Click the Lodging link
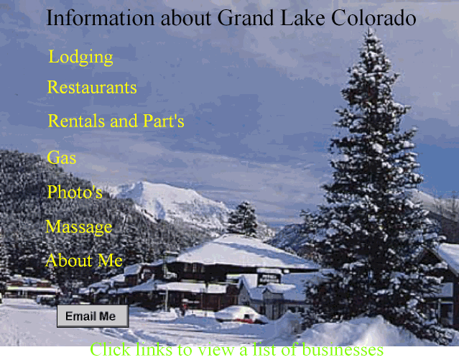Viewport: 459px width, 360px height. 80,57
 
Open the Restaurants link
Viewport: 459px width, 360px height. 92,87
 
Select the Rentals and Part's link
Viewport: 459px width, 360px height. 116,121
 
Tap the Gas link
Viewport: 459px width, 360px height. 62,157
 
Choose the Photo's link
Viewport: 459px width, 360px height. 75,192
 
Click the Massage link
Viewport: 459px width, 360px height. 79,227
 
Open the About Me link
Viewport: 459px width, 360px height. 84,260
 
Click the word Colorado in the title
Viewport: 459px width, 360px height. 374,18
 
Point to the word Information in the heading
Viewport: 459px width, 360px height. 100,18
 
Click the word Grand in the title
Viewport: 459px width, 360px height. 246,18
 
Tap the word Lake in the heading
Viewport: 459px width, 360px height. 302,18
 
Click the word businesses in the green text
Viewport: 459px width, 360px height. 343,350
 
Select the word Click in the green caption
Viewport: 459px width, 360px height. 110,350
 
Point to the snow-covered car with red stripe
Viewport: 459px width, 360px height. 241,315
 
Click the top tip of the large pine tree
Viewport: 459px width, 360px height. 371,29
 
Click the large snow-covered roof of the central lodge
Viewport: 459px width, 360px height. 243,252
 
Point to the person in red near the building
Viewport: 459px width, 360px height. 184,308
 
